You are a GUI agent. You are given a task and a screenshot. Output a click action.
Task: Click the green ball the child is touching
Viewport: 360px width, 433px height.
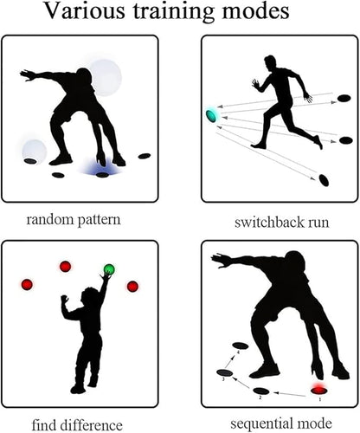[x=109, y=269]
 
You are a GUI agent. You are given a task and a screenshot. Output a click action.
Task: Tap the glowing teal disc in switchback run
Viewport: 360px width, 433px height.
[x=212, y=115]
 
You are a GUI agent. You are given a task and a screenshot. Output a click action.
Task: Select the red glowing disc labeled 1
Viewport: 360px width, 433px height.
[x=319, y=391]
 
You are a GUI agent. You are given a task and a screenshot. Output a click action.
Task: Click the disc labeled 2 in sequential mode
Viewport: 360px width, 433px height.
[x=261, y=391]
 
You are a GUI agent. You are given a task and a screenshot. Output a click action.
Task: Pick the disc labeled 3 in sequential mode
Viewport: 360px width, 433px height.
[x=225, y=372]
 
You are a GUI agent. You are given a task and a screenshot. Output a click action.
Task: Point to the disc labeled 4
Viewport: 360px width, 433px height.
[x=241, y=346]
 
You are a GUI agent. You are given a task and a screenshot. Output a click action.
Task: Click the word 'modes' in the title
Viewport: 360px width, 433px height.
[x=255, y=11]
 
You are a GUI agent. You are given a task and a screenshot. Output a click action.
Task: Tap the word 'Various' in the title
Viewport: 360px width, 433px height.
[x=85, y=11]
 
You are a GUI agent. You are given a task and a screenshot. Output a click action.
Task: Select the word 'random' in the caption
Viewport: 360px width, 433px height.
[x=50, y=220]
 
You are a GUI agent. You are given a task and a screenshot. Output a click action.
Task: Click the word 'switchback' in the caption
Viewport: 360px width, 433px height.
[x=269, y=223]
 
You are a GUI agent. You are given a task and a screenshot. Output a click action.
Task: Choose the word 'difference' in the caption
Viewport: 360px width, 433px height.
[x=93, y=425]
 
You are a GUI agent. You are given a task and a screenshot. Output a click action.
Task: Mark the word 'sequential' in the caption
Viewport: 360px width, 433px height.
[x=261, y=424]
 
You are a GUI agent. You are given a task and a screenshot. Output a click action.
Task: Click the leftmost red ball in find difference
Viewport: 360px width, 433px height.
[x=27, y=285]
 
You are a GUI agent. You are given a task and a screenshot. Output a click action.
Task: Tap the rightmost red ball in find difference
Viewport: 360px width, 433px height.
[x=132, y=287]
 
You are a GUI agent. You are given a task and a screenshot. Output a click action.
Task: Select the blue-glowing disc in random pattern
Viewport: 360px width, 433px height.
[x=102, y=175]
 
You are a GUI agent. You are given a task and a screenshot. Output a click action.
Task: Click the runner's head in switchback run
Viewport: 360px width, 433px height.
[x=271, y=62]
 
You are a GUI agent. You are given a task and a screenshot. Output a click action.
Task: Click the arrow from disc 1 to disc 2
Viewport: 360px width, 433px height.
[x=289, y=394]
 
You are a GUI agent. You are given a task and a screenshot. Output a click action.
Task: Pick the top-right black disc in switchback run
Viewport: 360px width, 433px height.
[x=344, y=98]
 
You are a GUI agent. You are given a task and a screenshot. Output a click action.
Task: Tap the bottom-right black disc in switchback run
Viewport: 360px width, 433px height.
[x=324, y=180]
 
